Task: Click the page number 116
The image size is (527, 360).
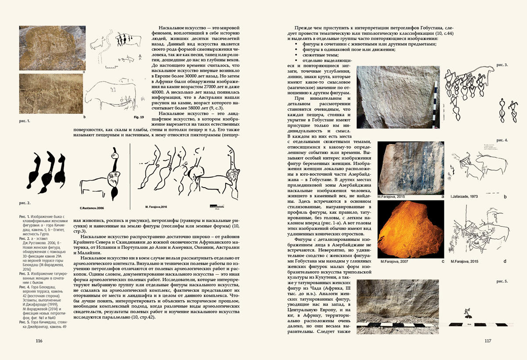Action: coord(39,341)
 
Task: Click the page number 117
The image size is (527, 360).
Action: coord(487,341)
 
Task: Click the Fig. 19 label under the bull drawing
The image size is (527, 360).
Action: coord(138,117)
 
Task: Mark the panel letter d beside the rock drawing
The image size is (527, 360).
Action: coord(505,262)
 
